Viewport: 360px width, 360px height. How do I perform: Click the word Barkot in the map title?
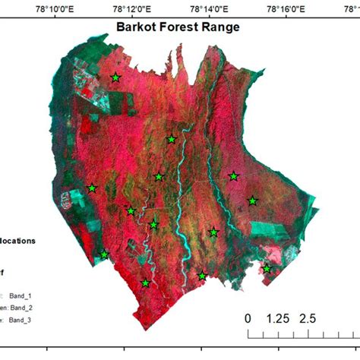coord(134,27)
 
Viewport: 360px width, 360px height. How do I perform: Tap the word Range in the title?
coord(220,27)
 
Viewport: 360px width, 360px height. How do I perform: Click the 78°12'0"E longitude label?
coord(132,9)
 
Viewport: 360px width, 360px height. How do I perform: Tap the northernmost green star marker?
coord(115,77)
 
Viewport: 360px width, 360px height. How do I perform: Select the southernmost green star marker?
coord(145,283)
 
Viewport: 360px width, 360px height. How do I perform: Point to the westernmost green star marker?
coord(92,188)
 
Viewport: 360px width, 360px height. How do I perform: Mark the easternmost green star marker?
coord(267,269)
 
